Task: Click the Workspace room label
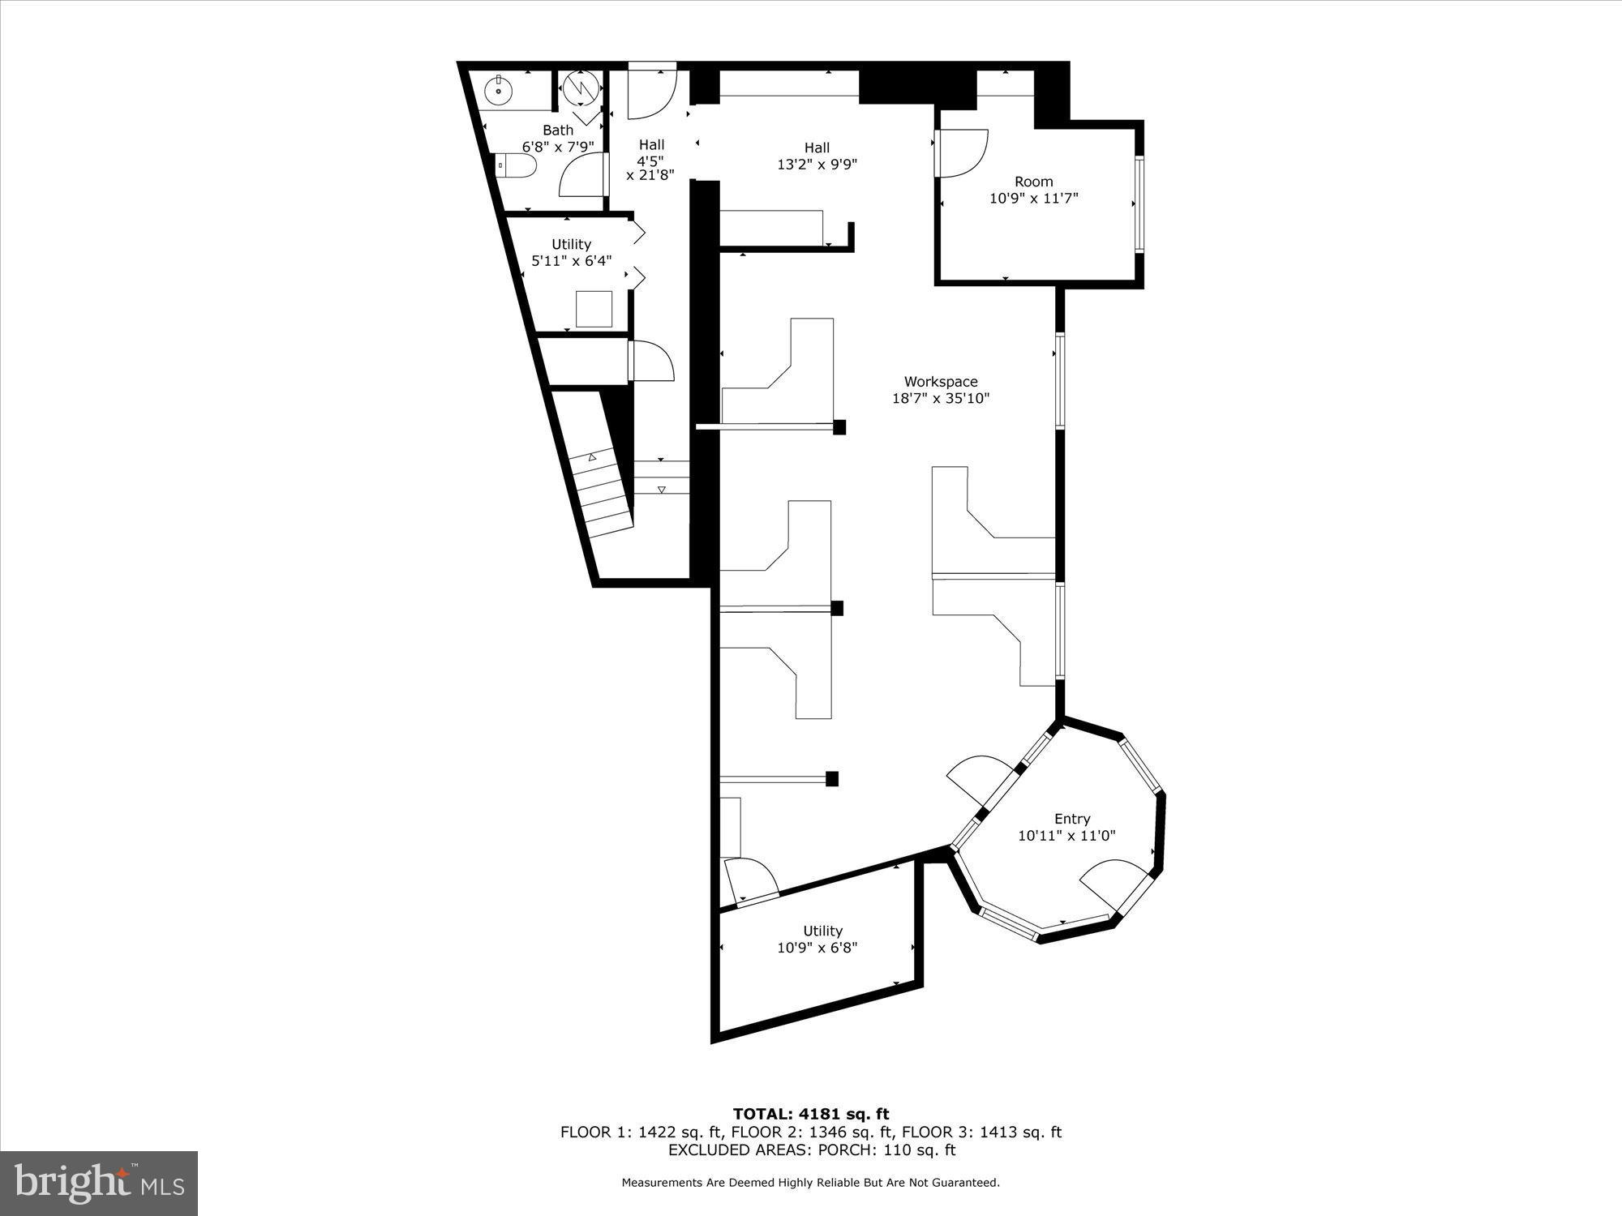coord(941,381)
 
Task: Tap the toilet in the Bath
coord(517,166)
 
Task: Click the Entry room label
coord(1071,819)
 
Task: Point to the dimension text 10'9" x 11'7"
coord(1033,198)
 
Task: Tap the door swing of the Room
coord(963,152)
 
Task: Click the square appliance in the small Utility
coord(594,309)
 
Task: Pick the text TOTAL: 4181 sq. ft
coord(811,1114)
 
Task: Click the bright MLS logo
coord(99,1184)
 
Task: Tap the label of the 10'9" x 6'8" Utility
coord(822,931)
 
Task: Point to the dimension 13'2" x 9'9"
coord(817,165)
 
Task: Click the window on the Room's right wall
coord(1139,203)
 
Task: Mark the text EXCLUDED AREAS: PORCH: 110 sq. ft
coord(811,1150)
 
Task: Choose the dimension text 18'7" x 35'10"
coord(941,398)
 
